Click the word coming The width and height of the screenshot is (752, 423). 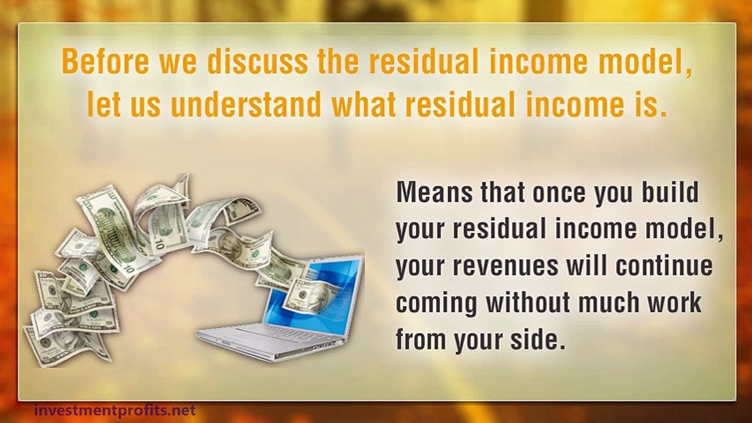pyautogui.click(x=436, y=303)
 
